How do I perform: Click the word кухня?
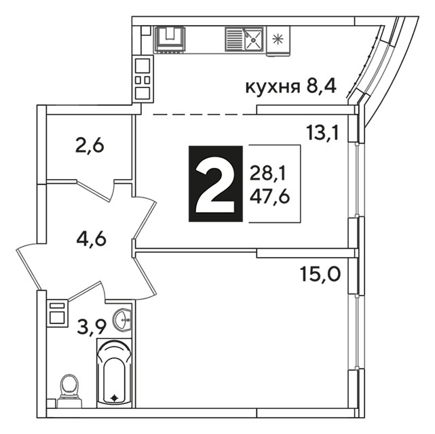point(273,88)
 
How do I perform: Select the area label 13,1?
point(322,132)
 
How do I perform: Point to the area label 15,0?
point(320,274)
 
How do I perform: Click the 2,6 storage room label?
point(90,146)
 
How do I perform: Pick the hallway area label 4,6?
point(91,239)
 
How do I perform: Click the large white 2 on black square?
point(216,184)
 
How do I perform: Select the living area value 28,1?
point(267,174)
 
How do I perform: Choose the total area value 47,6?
point(269,197)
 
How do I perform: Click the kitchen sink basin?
point(253,39)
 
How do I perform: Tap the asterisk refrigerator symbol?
point(277,39)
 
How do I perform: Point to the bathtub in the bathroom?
point(114,372)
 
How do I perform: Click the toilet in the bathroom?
point(69,391)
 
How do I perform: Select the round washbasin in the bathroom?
point(122,320)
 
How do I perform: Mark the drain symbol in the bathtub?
point(114,398)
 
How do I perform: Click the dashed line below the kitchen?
point(205,114)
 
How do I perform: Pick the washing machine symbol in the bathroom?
point(58,313)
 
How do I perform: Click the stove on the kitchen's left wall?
point(143,79)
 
